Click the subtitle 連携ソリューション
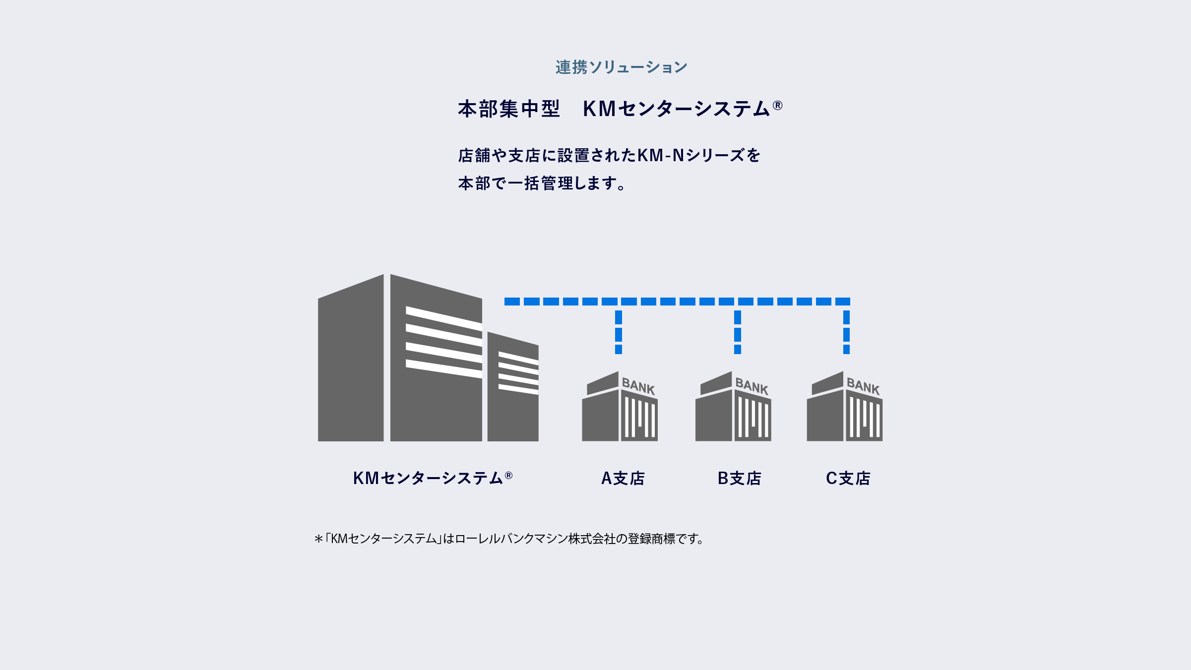[x=622, y=67]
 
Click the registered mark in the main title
[x=777, y=105]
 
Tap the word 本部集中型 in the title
[x=509, y=109]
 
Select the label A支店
[x=623, y=478]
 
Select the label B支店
[x=739, y=478]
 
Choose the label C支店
[x=848, y=478]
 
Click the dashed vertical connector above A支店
[x=619, y=332]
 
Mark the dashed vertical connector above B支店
[x=738, y=332]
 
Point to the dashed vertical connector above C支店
[x=846, y=332]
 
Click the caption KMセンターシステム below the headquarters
[x=428, y=478]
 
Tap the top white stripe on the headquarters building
[x=444, y=318]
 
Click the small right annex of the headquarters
[x=513, y=386]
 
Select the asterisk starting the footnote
[x=318, y=539]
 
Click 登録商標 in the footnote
[x=651, y=539]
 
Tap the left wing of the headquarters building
[x=351, y=358]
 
